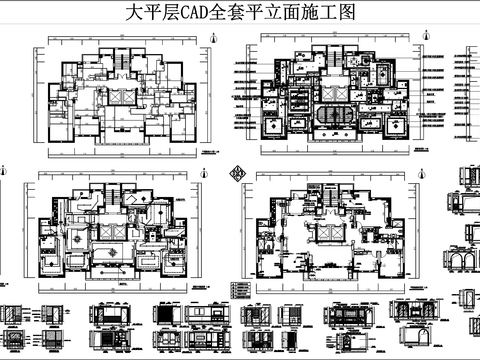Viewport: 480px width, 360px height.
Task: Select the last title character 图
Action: pyautogui.click(x=347, y=15)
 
